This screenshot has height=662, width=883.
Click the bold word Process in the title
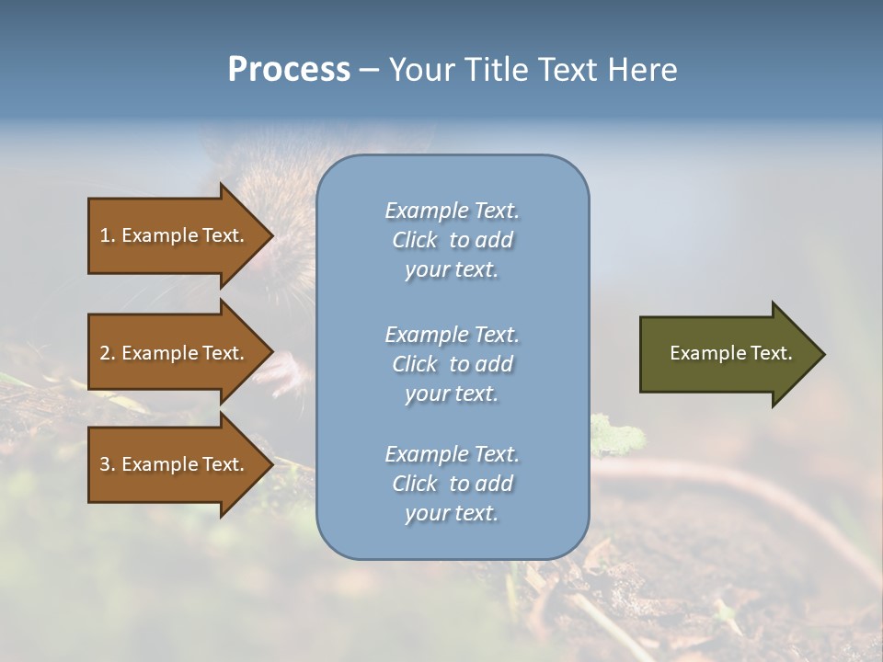pyautogui.click(x=289, y=70)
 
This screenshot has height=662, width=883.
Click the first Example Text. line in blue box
pyautogui.click(x=452, y=211)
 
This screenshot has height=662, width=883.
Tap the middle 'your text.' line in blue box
pyautogui.click(x=452, y=394)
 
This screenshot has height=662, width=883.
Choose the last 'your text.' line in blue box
pyautogui.click(x=452, y=513)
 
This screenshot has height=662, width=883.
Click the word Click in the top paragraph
pyautogui.click(x=415, y=240)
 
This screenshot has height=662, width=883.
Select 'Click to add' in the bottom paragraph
pyautogui.click(x=452, y=484)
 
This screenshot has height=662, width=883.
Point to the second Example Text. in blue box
pyautogui.click(x=452, y=334)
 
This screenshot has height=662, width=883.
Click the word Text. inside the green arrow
pyautogui.click(x=771, y=353)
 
